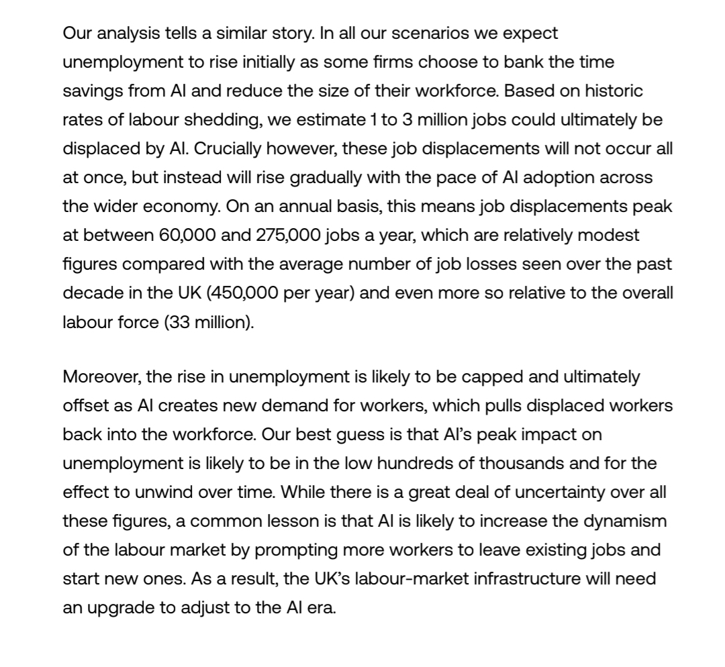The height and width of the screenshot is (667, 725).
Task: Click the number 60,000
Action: point(191,236)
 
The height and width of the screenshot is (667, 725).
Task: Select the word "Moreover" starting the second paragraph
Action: point(102,377)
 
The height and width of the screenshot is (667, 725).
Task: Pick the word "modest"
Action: point(599,236)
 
